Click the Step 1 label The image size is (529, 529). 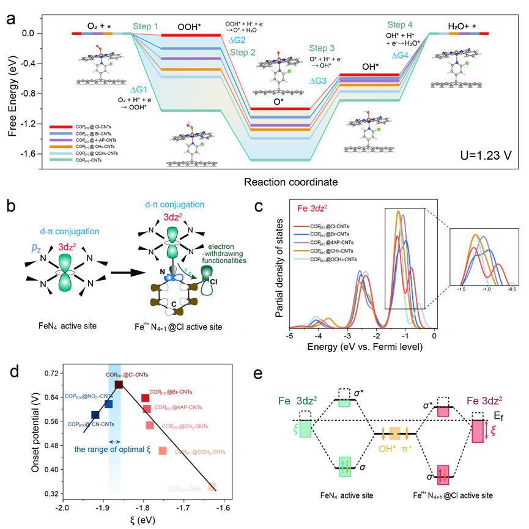point(146,27)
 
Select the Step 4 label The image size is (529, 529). point(399,25)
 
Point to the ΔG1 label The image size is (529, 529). point(139,89)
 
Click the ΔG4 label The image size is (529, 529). point(400,55)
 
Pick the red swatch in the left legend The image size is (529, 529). point(61,127)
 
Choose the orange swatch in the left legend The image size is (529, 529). point(61,147)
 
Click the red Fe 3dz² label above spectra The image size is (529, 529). point(312,208)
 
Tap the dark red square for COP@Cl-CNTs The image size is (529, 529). point(119,384)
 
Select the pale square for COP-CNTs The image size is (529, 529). point(212,487)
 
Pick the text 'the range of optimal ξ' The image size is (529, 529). point(112,449)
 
